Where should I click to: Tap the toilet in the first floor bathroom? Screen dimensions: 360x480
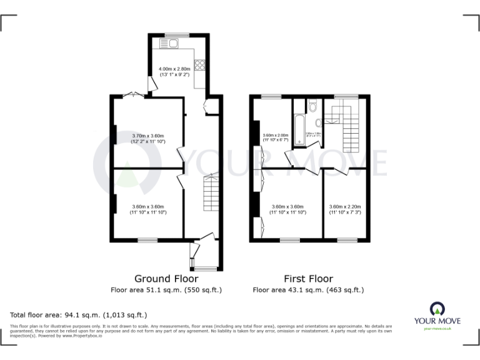(312, 105)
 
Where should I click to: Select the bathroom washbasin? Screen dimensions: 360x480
(318, 123)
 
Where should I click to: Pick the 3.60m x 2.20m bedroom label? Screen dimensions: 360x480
(346, 209)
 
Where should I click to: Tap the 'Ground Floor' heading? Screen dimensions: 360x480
(166, 279)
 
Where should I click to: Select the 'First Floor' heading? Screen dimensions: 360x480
(308, 279)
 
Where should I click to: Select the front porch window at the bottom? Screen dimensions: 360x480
(205, 269)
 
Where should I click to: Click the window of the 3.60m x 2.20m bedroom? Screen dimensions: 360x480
(346, 239)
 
